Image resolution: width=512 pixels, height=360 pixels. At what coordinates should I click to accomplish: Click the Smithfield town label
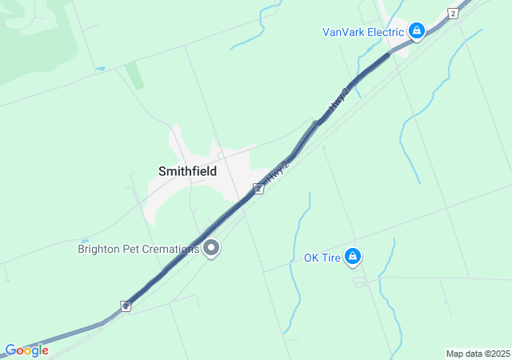pyautogui.click(x=187, y=171)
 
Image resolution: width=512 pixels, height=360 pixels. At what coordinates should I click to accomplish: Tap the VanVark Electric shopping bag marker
pyautogui.click(x=416, y=32)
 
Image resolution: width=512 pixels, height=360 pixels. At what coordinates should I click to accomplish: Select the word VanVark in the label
pyautogui.click(x=344, y=33)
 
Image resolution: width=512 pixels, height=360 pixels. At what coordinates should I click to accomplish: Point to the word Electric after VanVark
pyautogui.click(x=386, y=33)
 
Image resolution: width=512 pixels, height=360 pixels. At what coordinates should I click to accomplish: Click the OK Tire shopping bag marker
pyautogui.click(x=353, y=257)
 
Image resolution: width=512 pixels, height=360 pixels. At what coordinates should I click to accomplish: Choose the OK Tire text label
pyautogui.click(x=322, y=258)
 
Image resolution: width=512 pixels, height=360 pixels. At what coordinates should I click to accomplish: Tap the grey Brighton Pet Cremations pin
pyautogui.click(x=212, y=249)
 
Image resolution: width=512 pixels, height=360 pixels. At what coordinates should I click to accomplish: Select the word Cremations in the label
pyautogui.click(x=173, y=249)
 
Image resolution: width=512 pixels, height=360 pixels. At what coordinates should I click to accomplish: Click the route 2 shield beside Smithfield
pyautogui.click(x=258, y=189)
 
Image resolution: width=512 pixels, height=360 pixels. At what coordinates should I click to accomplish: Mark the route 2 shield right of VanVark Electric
pyautogui.click(x=453, y=14)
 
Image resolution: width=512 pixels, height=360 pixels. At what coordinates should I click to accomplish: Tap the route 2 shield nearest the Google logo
pyautogui.click(x=126, y=306)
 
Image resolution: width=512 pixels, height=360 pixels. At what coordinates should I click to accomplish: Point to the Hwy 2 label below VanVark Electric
pyautogui.click(x=339, y=99)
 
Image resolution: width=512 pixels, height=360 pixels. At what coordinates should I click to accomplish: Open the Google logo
pyautogui.click(x=26, y=350)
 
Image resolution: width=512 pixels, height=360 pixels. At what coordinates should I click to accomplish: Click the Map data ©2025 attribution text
pyautogui.click(x=478, y=354)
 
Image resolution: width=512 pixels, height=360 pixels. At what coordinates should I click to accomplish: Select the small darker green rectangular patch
pyautogui.click(x=135, y=75)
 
